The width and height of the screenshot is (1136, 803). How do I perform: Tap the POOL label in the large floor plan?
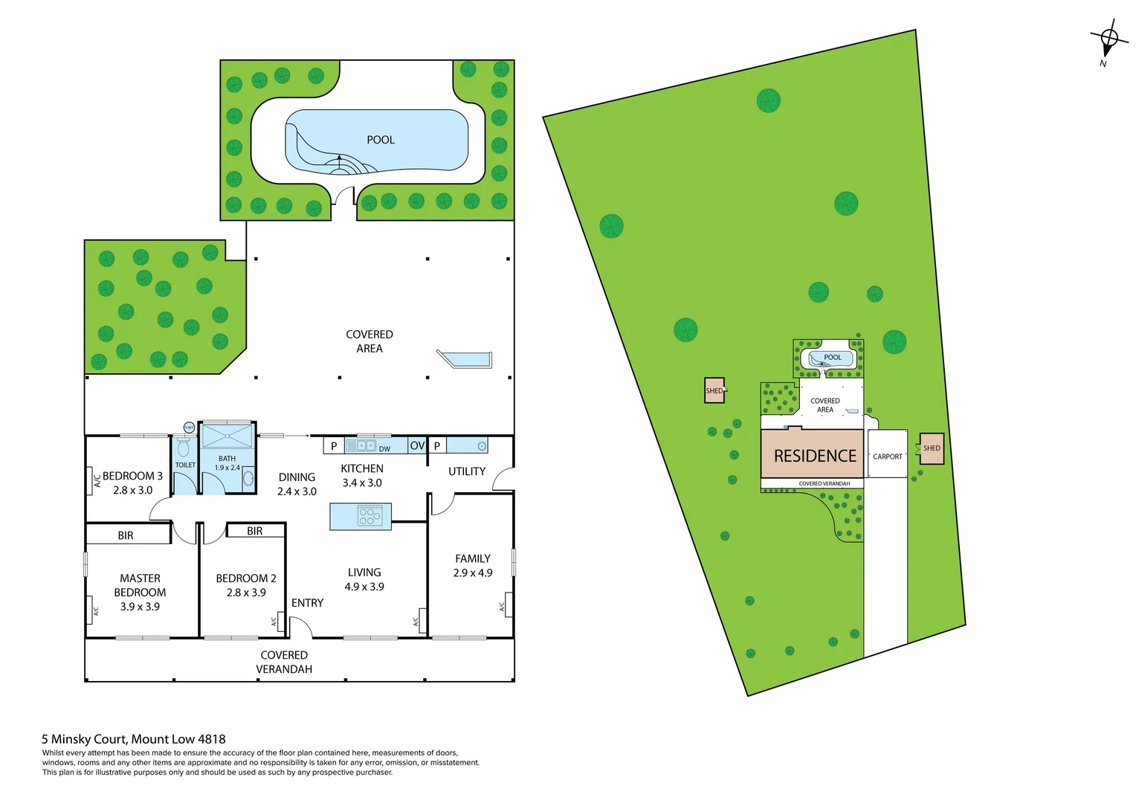380,140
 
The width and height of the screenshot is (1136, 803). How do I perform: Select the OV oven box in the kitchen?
417,445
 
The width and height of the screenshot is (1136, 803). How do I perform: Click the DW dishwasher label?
384,449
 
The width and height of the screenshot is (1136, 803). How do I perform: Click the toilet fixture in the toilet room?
184,448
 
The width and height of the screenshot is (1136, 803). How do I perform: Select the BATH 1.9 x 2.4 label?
227,463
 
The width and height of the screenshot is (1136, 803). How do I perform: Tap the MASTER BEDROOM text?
140,585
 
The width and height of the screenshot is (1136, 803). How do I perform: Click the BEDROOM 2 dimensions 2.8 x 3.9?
245,593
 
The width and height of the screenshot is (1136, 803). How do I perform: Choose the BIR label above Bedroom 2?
254,531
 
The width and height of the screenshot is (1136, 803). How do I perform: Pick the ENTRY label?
307,603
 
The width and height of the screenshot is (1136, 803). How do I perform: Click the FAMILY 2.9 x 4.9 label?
472,565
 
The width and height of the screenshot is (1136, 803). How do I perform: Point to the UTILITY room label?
466,471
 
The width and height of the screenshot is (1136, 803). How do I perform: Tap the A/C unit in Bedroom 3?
96,481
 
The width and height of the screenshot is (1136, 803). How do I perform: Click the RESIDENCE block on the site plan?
814,456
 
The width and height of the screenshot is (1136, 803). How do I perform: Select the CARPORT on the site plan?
887,456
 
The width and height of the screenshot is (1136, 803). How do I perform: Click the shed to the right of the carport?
932,448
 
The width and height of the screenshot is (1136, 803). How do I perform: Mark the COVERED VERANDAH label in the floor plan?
283,662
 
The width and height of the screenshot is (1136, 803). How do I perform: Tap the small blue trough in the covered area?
466,359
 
